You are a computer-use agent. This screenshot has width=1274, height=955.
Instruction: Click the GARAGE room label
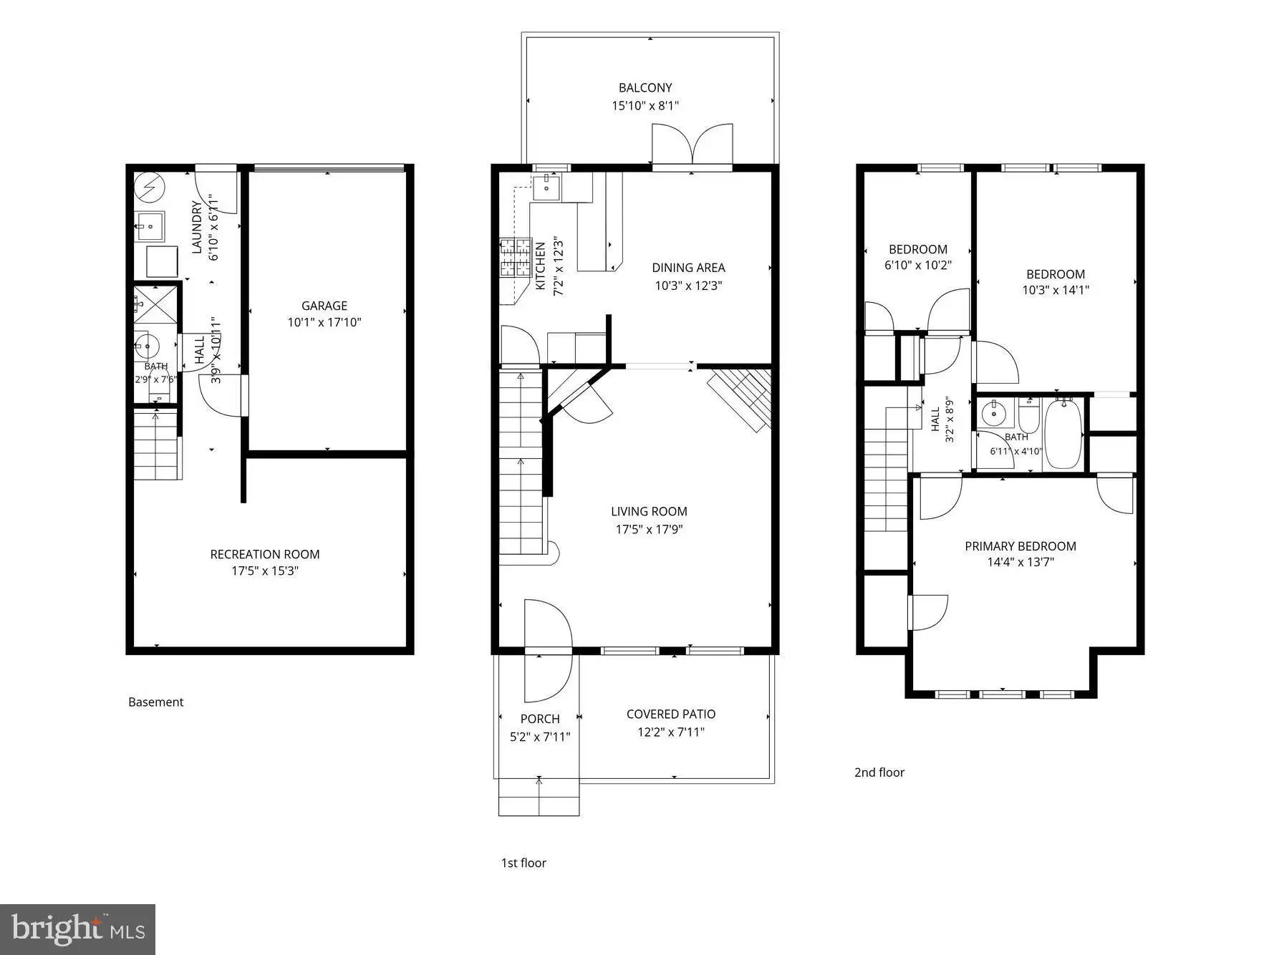(324, 306)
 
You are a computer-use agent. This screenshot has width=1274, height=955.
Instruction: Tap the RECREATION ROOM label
(265, 554)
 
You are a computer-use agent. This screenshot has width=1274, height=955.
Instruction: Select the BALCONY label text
(645, 87)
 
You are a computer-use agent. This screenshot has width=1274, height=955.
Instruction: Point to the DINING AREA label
(688, 268)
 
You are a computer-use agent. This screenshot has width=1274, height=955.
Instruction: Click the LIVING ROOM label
(649, 511)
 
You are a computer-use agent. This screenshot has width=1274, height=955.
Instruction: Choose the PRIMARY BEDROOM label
(1020, 546)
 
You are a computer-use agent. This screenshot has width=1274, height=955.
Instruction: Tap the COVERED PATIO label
(671, 714)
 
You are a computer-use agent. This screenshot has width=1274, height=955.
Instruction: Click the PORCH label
(540, 719)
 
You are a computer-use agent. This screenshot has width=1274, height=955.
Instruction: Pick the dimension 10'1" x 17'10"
(324, 322)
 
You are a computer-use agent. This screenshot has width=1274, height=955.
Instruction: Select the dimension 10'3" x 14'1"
(1056, 290)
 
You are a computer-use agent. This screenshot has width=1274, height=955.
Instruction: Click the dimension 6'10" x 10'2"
(918, 265)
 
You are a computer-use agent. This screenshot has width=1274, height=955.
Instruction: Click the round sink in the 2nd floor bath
(993, 413)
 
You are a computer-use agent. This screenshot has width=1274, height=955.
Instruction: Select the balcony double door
(693, 145)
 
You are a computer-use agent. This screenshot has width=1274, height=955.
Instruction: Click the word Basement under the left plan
(155, 702)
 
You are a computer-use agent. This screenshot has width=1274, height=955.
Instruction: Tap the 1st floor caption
(523, 863)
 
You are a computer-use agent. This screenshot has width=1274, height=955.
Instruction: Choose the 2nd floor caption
(879, 772)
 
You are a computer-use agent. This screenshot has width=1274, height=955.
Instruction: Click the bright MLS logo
(78, 929)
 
